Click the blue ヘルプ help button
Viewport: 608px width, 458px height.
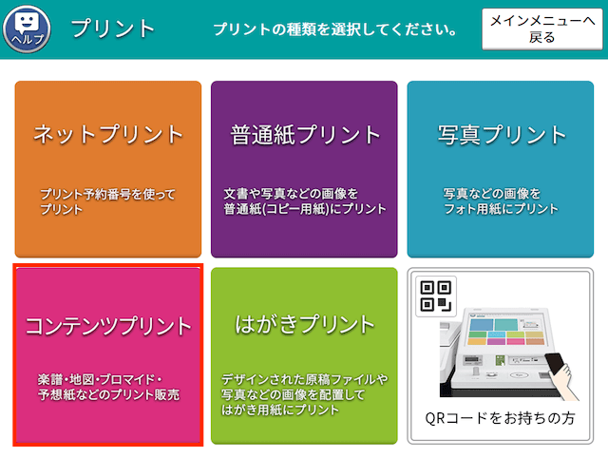tap(27, 29)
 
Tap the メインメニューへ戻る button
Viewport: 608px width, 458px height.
tap(542, 29)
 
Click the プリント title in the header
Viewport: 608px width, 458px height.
tap(113, 29)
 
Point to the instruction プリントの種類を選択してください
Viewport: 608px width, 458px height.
tap(335, 29)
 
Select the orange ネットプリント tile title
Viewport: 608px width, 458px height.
tap(108, 134)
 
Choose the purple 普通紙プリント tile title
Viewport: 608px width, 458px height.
tap(305, 135)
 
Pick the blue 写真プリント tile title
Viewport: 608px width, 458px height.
tap(502, 135)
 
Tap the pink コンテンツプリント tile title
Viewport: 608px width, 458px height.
tap(108, 326)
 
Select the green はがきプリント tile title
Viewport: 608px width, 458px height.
tap(305, 324)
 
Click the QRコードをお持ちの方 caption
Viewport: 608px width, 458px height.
tap(501, 418)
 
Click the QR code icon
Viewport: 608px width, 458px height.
tap(436, 296)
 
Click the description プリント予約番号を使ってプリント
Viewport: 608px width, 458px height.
tap(107, 201)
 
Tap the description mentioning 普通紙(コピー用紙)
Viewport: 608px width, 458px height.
tap(305, 201)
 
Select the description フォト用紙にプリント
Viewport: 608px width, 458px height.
tap(501, 201)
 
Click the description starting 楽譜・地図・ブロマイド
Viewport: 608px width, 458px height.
tap(108, 387)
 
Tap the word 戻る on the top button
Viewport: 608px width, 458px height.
tap(542, 38)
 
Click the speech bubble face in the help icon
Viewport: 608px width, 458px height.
tap(27, 23)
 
